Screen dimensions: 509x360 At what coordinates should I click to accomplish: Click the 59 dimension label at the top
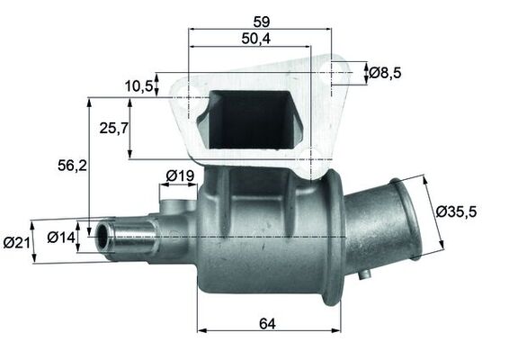[262, 22]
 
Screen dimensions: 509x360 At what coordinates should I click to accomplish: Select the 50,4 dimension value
[256, 39]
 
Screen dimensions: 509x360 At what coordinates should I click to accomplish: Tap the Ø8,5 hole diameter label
[385, 73]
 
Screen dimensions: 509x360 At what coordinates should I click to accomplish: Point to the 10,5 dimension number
[138, 86]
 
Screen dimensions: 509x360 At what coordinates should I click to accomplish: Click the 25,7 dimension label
[114, 128]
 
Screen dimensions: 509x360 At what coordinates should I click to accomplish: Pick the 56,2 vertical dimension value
[72, 166]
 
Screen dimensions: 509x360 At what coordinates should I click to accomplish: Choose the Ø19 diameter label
[180, 175]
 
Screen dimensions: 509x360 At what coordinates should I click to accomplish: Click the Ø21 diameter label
[16, 242]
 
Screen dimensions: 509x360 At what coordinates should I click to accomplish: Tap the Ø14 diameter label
[61, 238]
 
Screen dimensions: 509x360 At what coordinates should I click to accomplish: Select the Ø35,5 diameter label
[456, 211]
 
